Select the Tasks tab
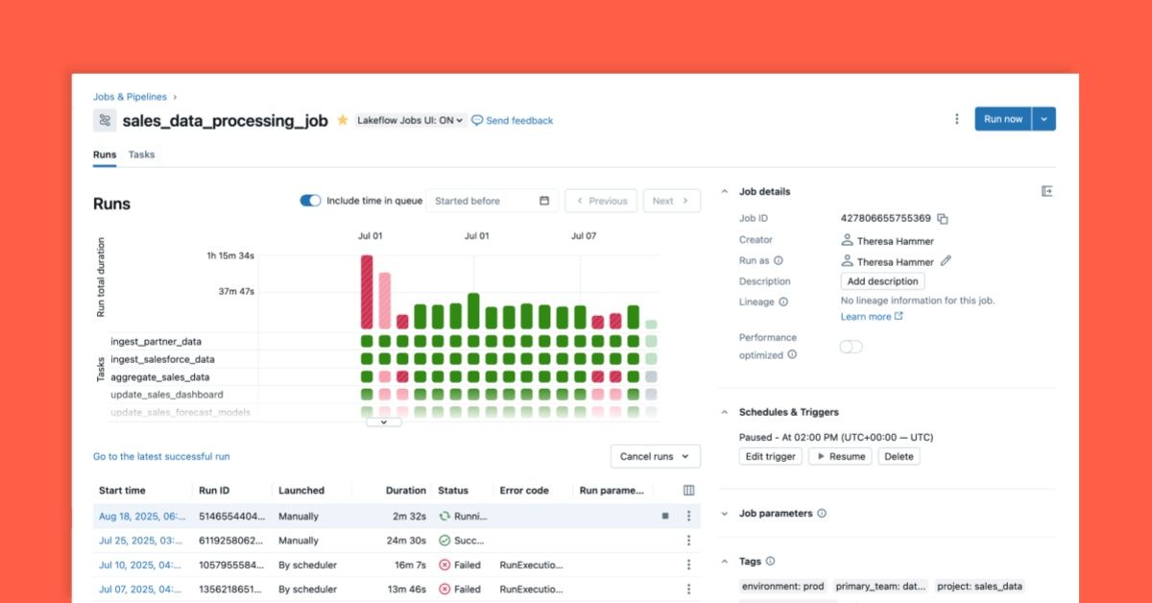(141, 155)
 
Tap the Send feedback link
(513, 121)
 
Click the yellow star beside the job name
(343, 120)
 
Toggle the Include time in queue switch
(310, 201)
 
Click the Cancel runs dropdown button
(656, 456)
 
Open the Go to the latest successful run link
(161, 456)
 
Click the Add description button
(882, 281)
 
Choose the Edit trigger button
(771, 456)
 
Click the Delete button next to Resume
(899, 456)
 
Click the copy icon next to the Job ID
(943, 219)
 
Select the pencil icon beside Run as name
(946, 261)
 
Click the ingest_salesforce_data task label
(163, 359)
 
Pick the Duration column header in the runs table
(405, 490)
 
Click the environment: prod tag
(781, 586)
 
